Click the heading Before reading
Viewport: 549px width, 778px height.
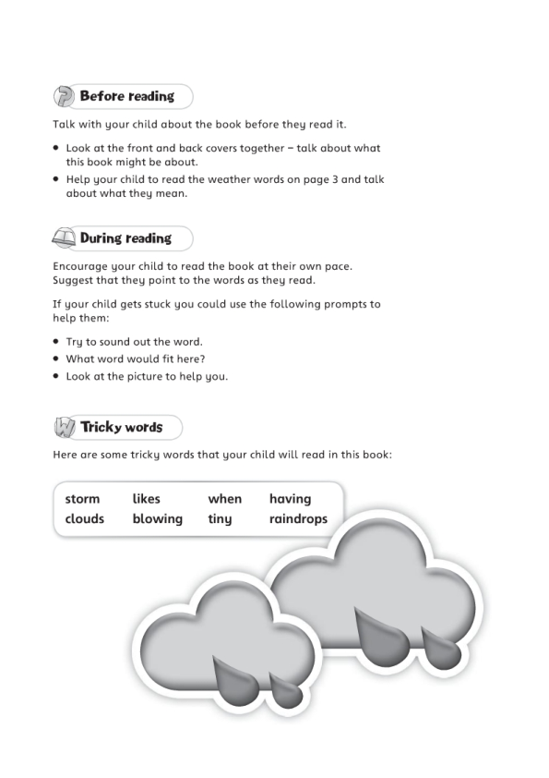126,96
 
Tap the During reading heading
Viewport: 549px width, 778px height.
125,238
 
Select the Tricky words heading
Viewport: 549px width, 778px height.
121,428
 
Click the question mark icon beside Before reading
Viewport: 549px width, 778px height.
64,97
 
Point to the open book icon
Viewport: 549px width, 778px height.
63,238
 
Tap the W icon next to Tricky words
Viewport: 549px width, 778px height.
64,428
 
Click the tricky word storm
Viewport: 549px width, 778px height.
82,499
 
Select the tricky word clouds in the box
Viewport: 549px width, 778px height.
84,519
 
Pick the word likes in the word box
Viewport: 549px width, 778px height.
146,499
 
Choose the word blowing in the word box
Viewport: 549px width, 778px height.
157,519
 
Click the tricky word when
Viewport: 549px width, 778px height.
224,499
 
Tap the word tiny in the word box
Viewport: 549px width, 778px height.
220,519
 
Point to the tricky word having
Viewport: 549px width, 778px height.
290,499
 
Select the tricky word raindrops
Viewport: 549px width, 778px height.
298,519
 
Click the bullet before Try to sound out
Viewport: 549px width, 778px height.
56,341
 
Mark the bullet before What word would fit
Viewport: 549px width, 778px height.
56,359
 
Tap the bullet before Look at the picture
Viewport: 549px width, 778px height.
56,376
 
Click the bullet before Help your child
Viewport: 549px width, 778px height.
56,179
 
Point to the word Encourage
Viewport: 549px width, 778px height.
82,266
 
